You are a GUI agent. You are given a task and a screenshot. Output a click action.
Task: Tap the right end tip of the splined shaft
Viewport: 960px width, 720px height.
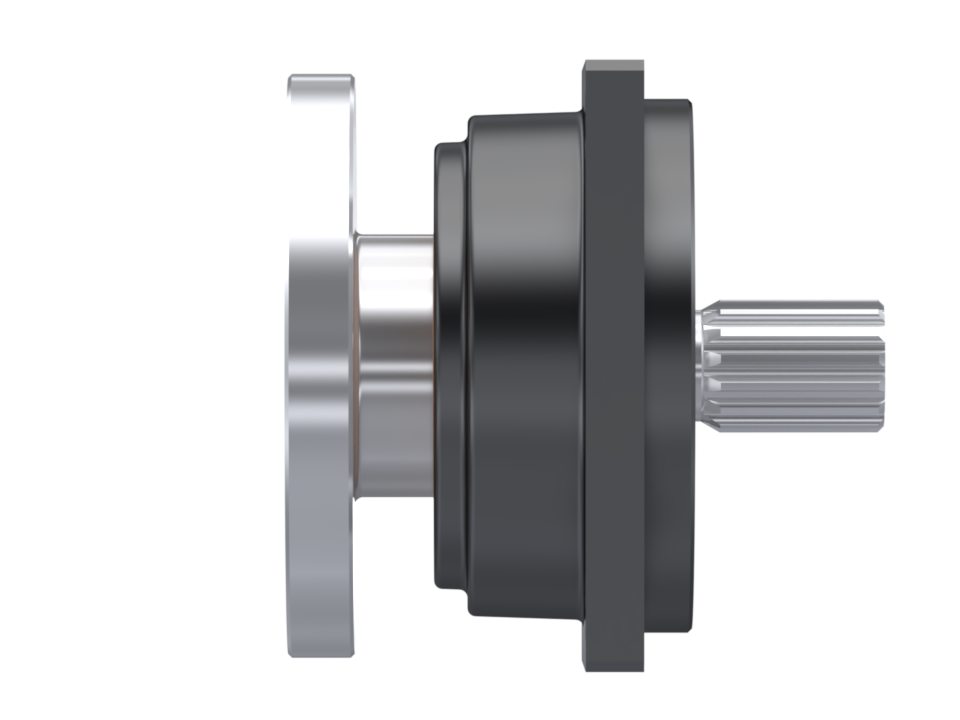[880, 366]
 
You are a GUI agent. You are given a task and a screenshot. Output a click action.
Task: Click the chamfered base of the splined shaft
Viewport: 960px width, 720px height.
[705, 366]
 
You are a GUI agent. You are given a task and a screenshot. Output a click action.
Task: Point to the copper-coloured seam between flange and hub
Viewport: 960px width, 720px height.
[357, 366]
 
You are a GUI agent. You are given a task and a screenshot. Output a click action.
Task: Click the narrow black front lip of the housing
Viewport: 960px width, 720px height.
[448, 366]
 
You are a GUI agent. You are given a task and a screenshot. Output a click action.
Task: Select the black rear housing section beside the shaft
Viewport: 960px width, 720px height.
[668, 366]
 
